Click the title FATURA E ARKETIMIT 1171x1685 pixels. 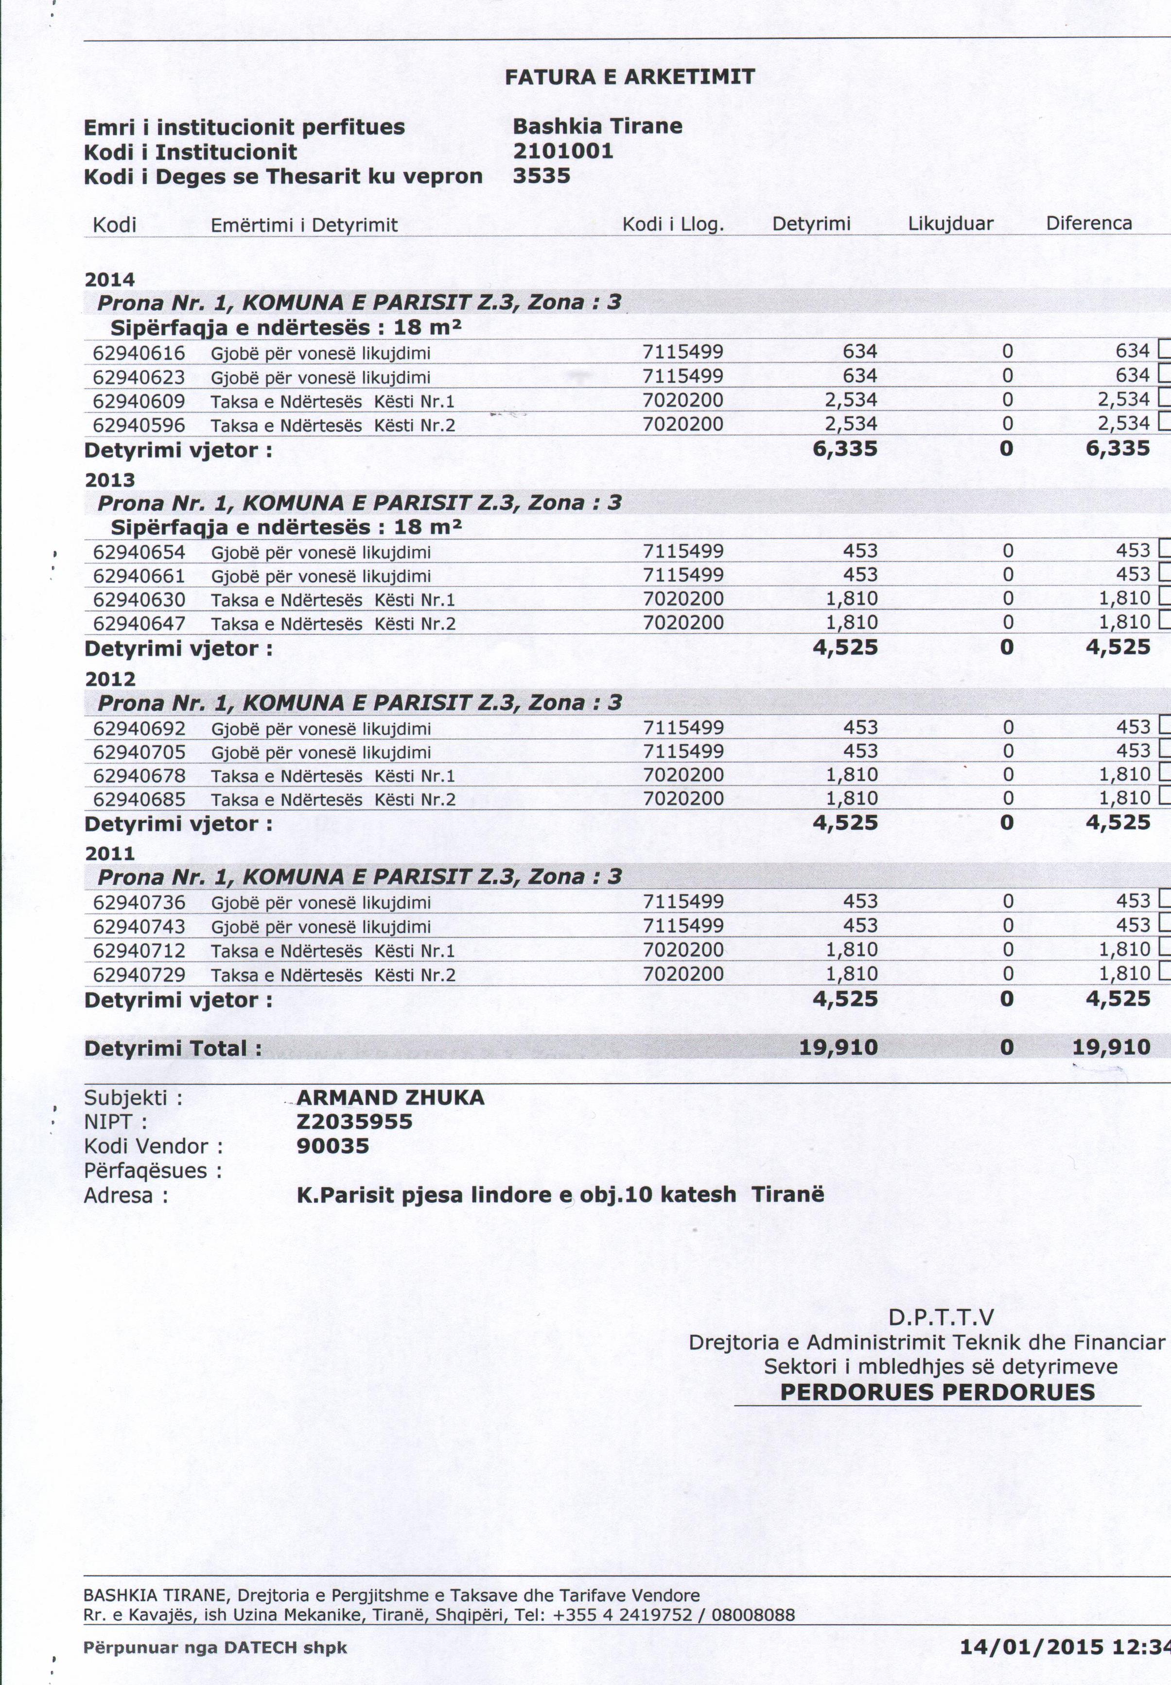(x=629, y=77)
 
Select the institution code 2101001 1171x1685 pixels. (x=563, y=151)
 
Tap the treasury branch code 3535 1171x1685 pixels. (x=542, y=176)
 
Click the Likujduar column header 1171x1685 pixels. (x=950, y=223)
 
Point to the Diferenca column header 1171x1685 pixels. (x=1089, y=223)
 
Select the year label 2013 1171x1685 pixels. (x=110, y=480)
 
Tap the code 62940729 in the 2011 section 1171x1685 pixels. (x=140, y=975)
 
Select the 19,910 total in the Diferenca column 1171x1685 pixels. (x=1111, y=1047)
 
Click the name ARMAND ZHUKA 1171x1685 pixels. (x=390, y=1098)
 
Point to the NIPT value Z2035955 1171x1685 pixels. (x=354, y=1122)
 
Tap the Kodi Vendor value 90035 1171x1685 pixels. (x=332, y=1146)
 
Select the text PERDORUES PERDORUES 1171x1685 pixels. (x=937, y=1392)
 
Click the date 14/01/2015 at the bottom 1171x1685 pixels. (x=1031, y=1647)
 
